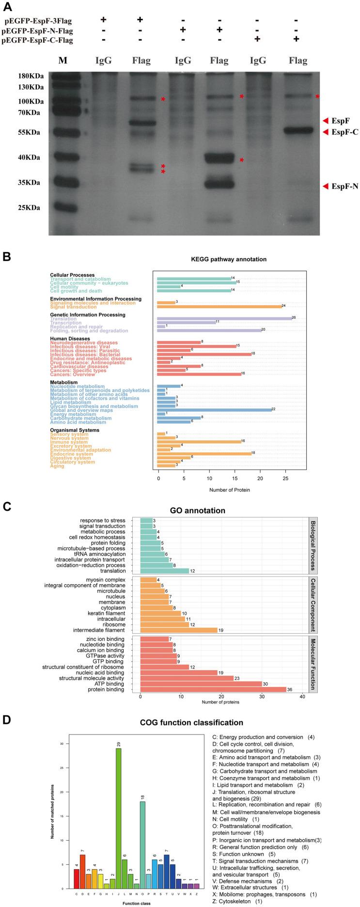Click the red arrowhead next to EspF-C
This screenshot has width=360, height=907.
325,132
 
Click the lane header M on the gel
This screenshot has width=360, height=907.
63,60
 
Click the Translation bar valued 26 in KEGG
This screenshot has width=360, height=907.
224,319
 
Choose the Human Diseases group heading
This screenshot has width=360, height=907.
70,339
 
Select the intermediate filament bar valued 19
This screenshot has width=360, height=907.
178,630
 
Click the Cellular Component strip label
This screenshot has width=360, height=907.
313,605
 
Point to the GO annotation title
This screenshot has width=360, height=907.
225,511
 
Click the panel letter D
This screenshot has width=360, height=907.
7,720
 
